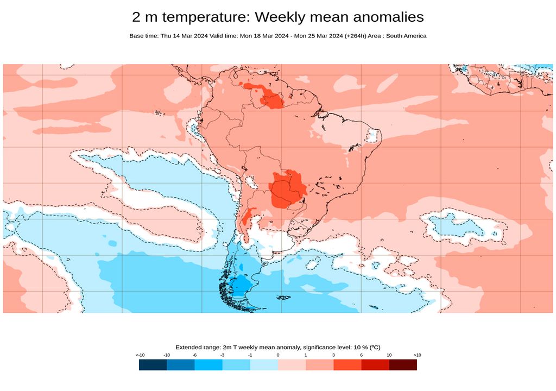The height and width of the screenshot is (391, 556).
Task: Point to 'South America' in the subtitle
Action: pos(408,36)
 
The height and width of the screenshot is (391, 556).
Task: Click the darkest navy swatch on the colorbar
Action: pos(153,365)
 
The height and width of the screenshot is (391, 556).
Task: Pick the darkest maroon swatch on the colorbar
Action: pos(403,365)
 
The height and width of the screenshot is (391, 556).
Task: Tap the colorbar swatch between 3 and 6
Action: pos(347,365)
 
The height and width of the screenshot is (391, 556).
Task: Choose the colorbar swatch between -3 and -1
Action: pos(236,365)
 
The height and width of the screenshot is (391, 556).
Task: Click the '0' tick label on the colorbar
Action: pos(278,355)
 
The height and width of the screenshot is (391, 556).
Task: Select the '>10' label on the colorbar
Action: pos(416,355)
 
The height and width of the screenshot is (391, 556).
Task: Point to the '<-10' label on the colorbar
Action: pos(140,355)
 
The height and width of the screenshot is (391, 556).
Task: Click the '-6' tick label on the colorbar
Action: pos(194,355)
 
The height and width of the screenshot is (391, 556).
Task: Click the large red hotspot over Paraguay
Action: pos(287,189)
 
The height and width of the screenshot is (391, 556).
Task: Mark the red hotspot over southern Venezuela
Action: pos(271,99)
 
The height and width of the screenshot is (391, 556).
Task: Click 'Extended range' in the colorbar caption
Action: pos(196,347)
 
